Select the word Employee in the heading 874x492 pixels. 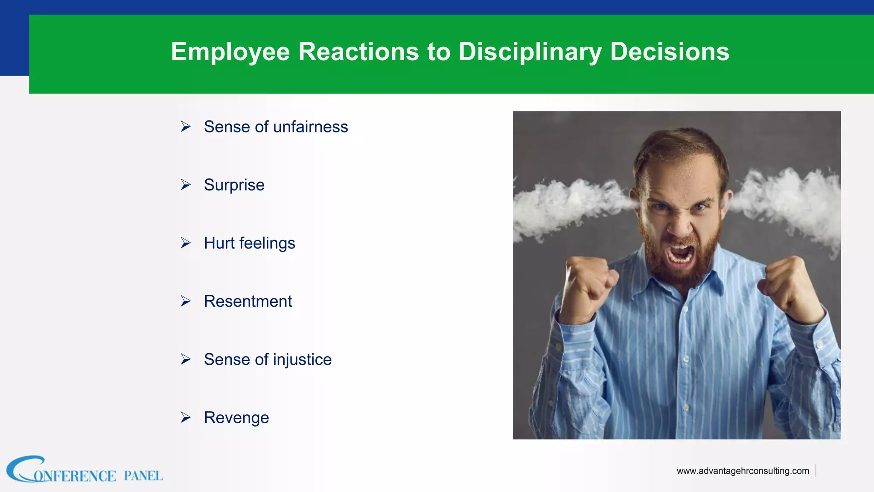[230, 52]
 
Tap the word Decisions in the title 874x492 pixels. [670, 52]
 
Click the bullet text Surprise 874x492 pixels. [234, 185]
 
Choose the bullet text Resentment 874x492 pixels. [248, 301]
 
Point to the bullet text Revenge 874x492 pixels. [236, 418]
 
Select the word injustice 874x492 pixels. [302, 360]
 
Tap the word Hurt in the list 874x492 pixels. [219, 243]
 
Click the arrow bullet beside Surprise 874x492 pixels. [185, 185]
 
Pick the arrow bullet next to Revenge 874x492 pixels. [185, 417]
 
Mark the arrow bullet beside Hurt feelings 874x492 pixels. [185, 243]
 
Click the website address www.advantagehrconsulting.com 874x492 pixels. [743, 471]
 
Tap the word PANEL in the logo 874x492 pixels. [143, 476]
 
